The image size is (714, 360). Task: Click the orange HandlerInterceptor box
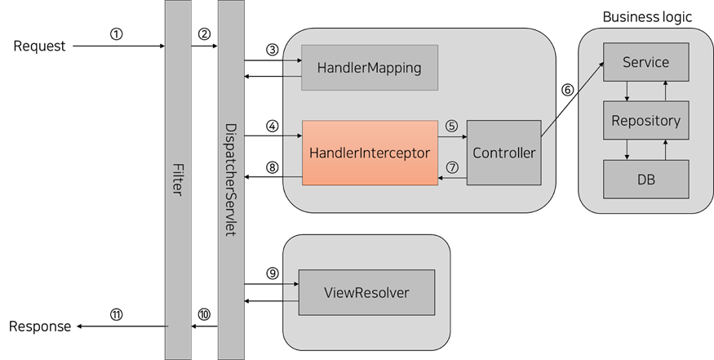tap(370, 152)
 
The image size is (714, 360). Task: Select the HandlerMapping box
tap(370, 67)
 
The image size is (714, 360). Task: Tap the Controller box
tap(503, 153)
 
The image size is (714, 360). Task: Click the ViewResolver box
tap(366, 292)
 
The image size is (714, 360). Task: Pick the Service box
tap(645, 62)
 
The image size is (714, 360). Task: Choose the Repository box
tap(645, 120)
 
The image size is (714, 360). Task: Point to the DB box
tap(645, 179)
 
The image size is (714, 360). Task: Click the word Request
tap(39, 47)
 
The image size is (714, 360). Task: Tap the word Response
tap(40, 327)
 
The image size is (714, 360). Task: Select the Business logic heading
tap(646, 17)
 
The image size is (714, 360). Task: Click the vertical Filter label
tap(178, 180)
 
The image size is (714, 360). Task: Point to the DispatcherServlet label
tap(231, 180)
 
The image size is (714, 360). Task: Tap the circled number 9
tap(273, 271)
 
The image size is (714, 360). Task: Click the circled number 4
tap(273, 126)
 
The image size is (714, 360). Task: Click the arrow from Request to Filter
tap(118, 47)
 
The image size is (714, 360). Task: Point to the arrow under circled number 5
tap(452, 138)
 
